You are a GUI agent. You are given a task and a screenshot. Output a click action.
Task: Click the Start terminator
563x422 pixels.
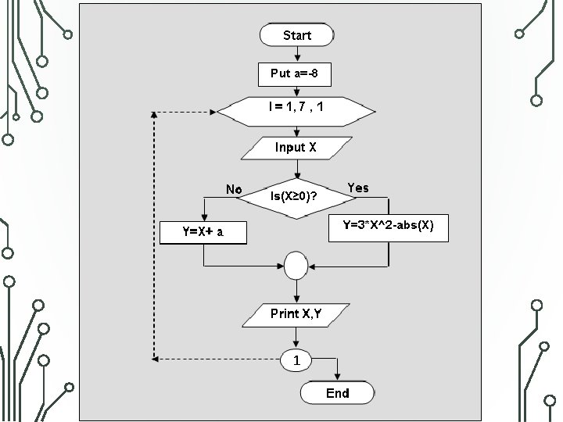pos(296,35)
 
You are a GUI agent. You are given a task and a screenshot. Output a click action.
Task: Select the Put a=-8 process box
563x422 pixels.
pos(295,74)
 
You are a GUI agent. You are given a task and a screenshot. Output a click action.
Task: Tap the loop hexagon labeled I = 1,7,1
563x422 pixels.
pos(296,112)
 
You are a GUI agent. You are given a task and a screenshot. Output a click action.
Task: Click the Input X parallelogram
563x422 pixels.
pos(296,148)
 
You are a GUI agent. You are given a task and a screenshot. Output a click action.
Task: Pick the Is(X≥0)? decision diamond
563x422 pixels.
pos(296,198)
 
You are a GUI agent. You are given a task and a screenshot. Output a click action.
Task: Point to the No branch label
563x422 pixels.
pos(234,189)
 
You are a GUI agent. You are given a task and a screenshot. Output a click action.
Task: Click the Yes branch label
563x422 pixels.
pos(357,188)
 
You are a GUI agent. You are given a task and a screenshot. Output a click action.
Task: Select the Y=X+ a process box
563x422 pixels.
pos(203,233)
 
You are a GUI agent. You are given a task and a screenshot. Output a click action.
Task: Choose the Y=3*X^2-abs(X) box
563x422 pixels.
pos(389,228)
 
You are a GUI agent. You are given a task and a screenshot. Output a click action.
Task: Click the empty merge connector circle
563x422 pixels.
pos(296,266)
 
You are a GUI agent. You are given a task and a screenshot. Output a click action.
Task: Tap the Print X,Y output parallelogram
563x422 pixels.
pos(296,316)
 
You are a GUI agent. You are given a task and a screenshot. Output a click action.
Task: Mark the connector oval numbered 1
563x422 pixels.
pos(296,360)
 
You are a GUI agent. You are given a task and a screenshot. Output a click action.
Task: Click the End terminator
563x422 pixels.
pos(337,392)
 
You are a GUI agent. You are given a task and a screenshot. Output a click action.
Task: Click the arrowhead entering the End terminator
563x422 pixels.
pos(337,377)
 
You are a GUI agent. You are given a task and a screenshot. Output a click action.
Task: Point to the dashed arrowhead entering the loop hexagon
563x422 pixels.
pos(213,112)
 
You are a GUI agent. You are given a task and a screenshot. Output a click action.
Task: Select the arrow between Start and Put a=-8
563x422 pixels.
pos(297,55)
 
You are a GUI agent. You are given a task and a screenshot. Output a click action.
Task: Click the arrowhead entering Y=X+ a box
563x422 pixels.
pos(204,217)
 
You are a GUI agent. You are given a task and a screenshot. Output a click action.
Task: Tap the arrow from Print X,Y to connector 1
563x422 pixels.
pos(296,338)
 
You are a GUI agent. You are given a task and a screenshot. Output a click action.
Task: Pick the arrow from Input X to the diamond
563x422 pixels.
pos(297,169)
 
